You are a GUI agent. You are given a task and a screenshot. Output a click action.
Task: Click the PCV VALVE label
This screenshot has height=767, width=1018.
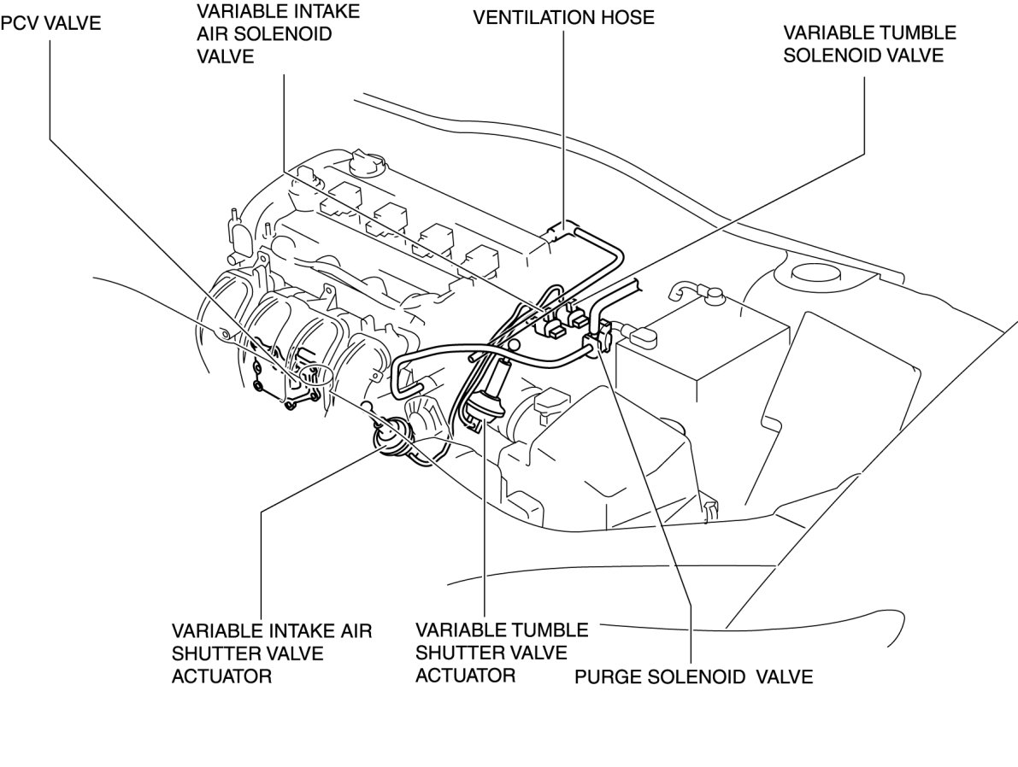coord(50,23)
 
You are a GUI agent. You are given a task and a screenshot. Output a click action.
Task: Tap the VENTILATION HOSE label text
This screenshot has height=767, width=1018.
coord(563,18)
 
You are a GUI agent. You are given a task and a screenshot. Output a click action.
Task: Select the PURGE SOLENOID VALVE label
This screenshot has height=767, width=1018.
coord(693,677)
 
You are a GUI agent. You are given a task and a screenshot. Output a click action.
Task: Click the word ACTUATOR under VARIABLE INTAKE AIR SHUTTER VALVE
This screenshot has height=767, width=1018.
coord(221,676)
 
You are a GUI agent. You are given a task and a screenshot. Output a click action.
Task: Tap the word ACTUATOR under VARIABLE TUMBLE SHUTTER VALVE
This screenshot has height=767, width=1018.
coord(465,676)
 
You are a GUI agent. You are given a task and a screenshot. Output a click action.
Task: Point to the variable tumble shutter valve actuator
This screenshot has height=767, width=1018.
coord(488,395)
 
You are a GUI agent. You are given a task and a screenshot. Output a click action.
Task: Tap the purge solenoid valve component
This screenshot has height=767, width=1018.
coord(601,334)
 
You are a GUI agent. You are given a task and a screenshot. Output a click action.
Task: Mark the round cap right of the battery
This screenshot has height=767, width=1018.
coord(812,272)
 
